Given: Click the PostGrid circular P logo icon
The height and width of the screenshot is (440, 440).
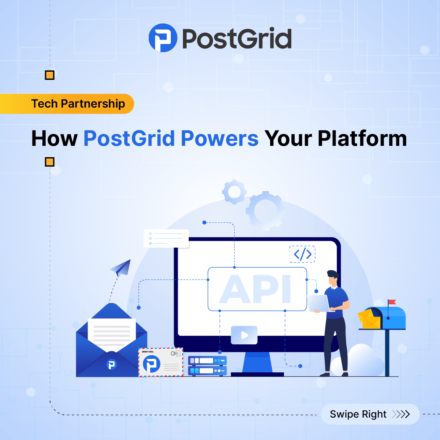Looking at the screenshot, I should (163, 38).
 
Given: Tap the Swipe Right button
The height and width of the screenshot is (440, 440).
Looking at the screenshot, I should (370, 414).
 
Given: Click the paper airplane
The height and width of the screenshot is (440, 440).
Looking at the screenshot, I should (121, 268).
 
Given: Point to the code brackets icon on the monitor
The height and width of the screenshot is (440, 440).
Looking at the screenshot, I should (302, 254).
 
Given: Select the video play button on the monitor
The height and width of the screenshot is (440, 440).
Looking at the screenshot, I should (244, 335).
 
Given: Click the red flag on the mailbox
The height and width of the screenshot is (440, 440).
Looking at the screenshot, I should (392, 302).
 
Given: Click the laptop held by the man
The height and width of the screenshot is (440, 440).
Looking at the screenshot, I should (318, 303).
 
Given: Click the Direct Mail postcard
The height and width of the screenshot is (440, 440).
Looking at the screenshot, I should (161, 362).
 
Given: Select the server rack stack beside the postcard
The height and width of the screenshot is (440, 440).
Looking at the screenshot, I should (207, 365).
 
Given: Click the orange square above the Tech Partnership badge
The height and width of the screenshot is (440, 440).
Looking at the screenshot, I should (49, 75).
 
